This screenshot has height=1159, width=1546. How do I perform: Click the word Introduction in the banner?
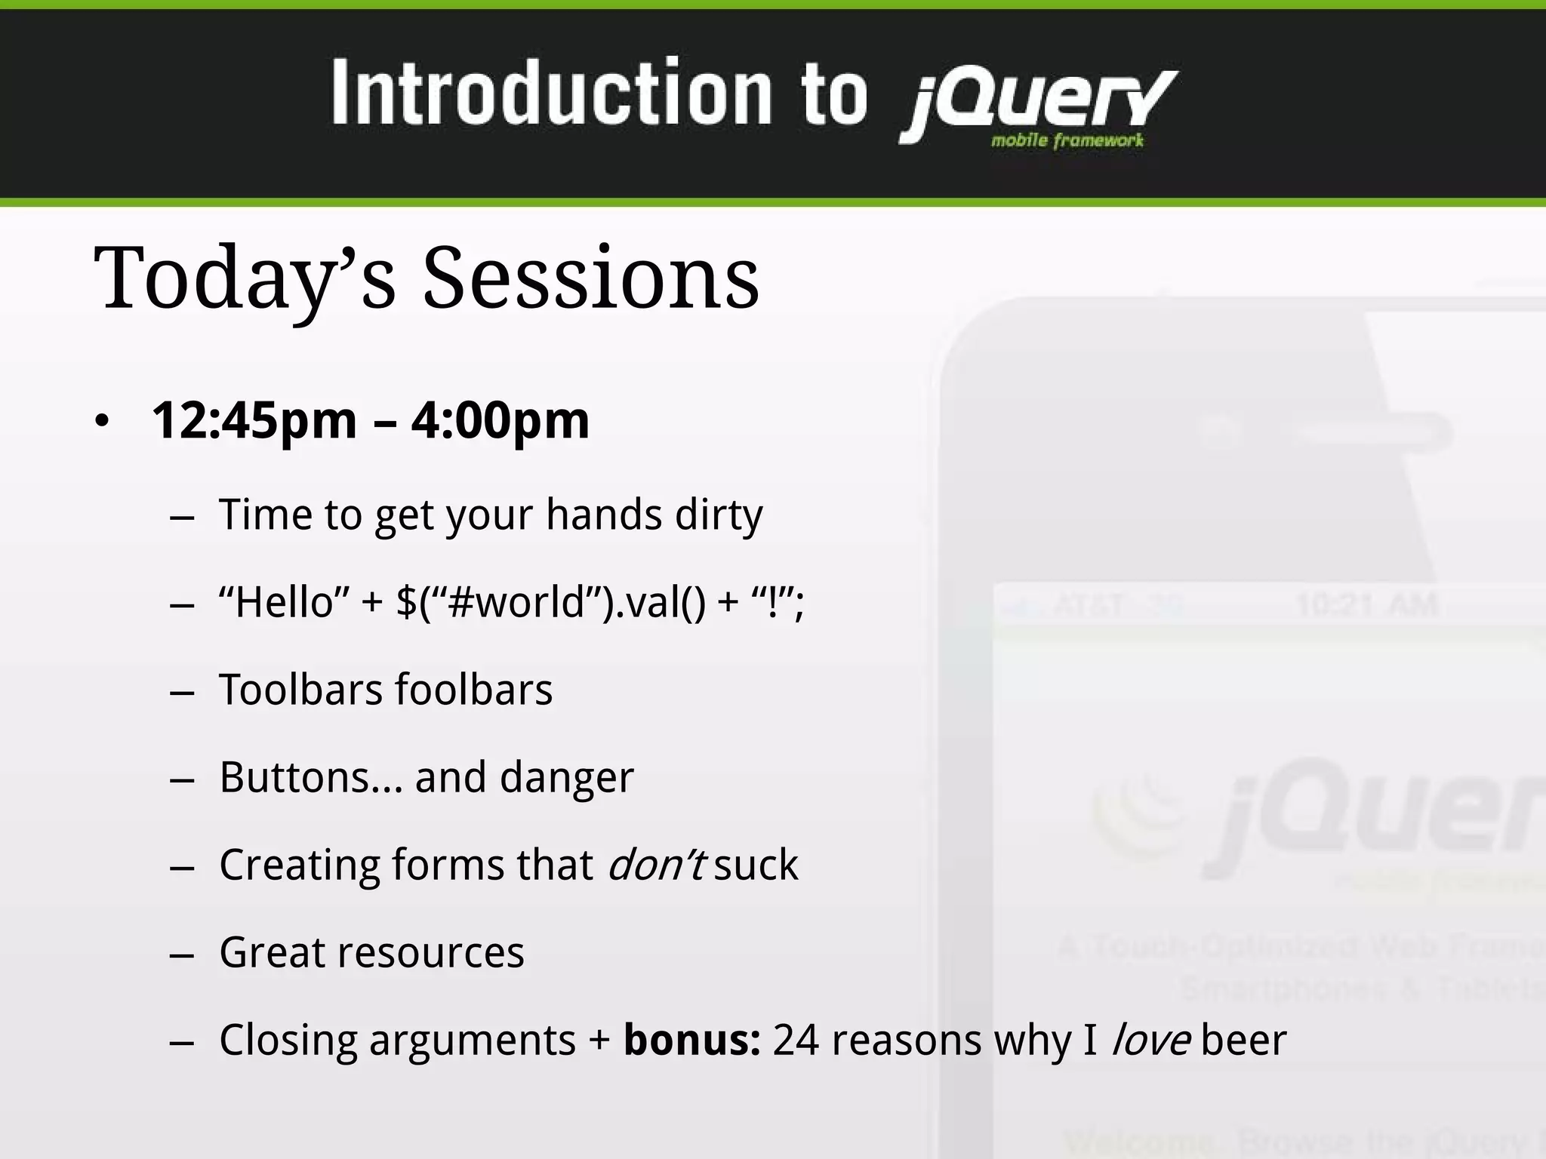(551, 94)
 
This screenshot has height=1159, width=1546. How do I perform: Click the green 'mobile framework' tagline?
(1067, 140)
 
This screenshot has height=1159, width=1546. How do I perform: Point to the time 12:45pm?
(254, 420)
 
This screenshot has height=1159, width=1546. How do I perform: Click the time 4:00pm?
(500, 420)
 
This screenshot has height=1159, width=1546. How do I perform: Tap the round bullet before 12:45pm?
(103, 421)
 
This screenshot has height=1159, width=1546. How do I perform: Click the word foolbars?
(473, 690)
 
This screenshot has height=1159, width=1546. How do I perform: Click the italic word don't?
(656, 865)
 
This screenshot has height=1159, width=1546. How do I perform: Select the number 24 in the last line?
(796, 1040)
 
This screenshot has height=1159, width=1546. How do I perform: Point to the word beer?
(1243, 1040)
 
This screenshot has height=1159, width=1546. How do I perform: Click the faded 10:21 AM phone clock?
(1367, 605)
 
